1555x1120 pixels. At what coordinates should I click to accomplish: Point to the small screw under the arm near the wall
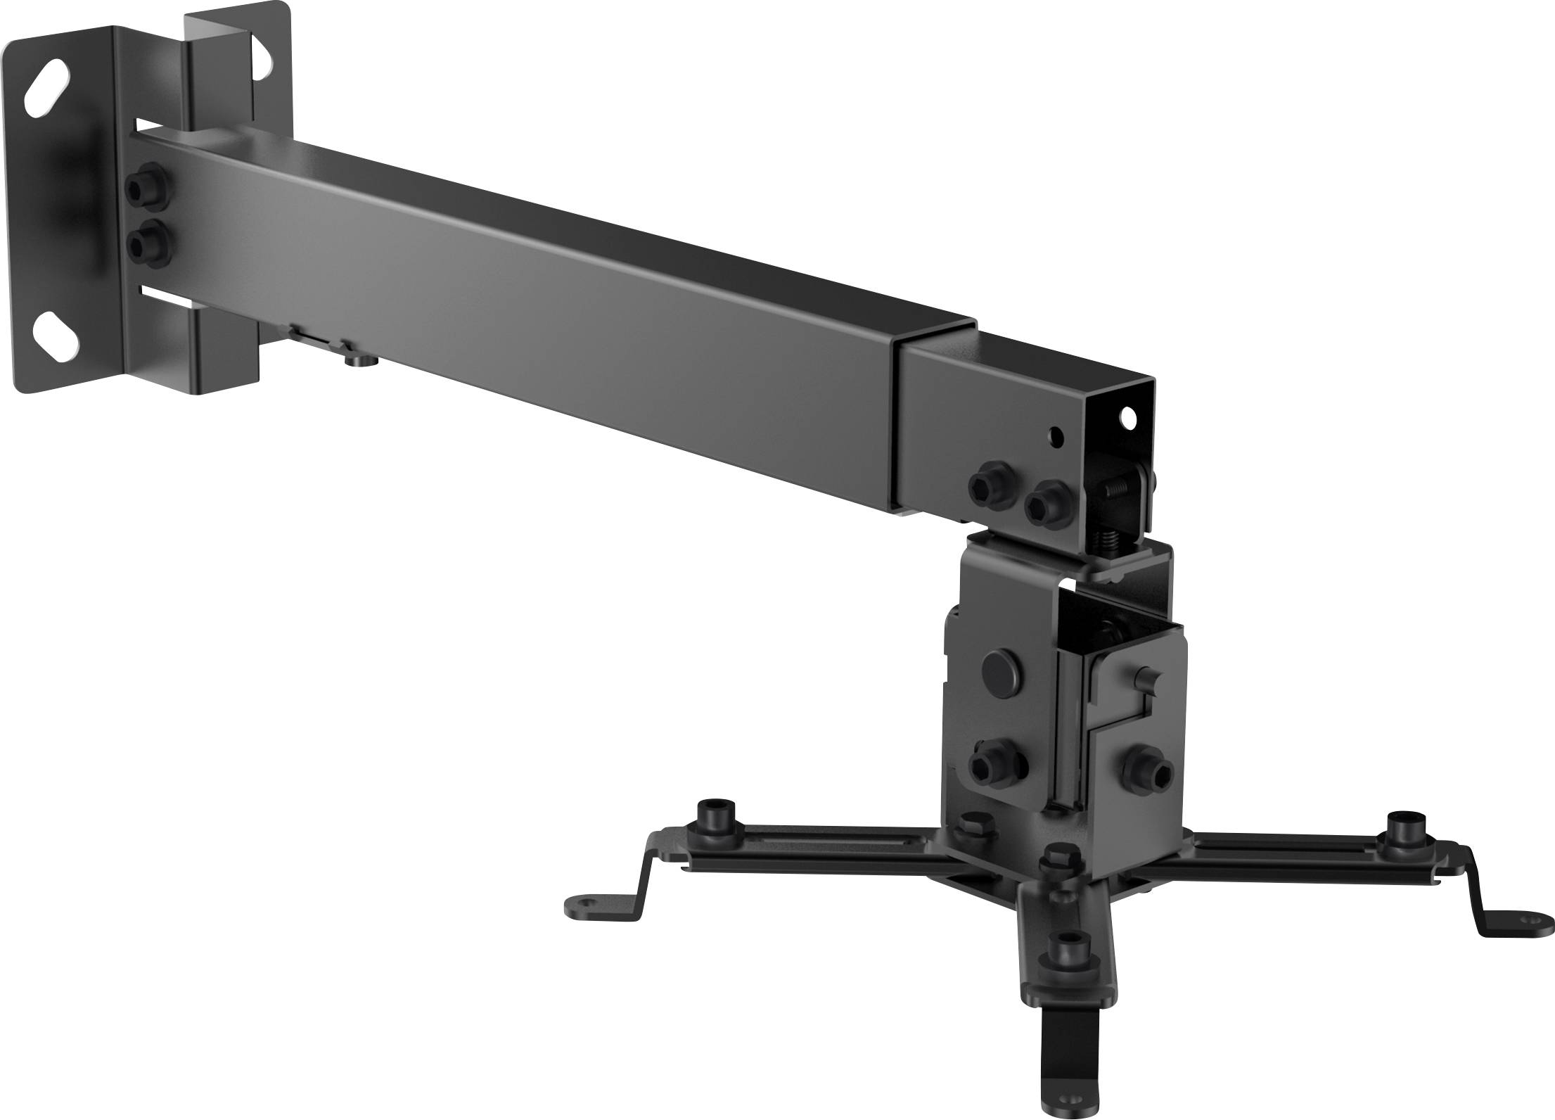pos(363,361)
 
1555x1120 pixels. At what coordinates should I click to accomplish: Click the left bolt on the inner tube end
pos(992,486)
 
